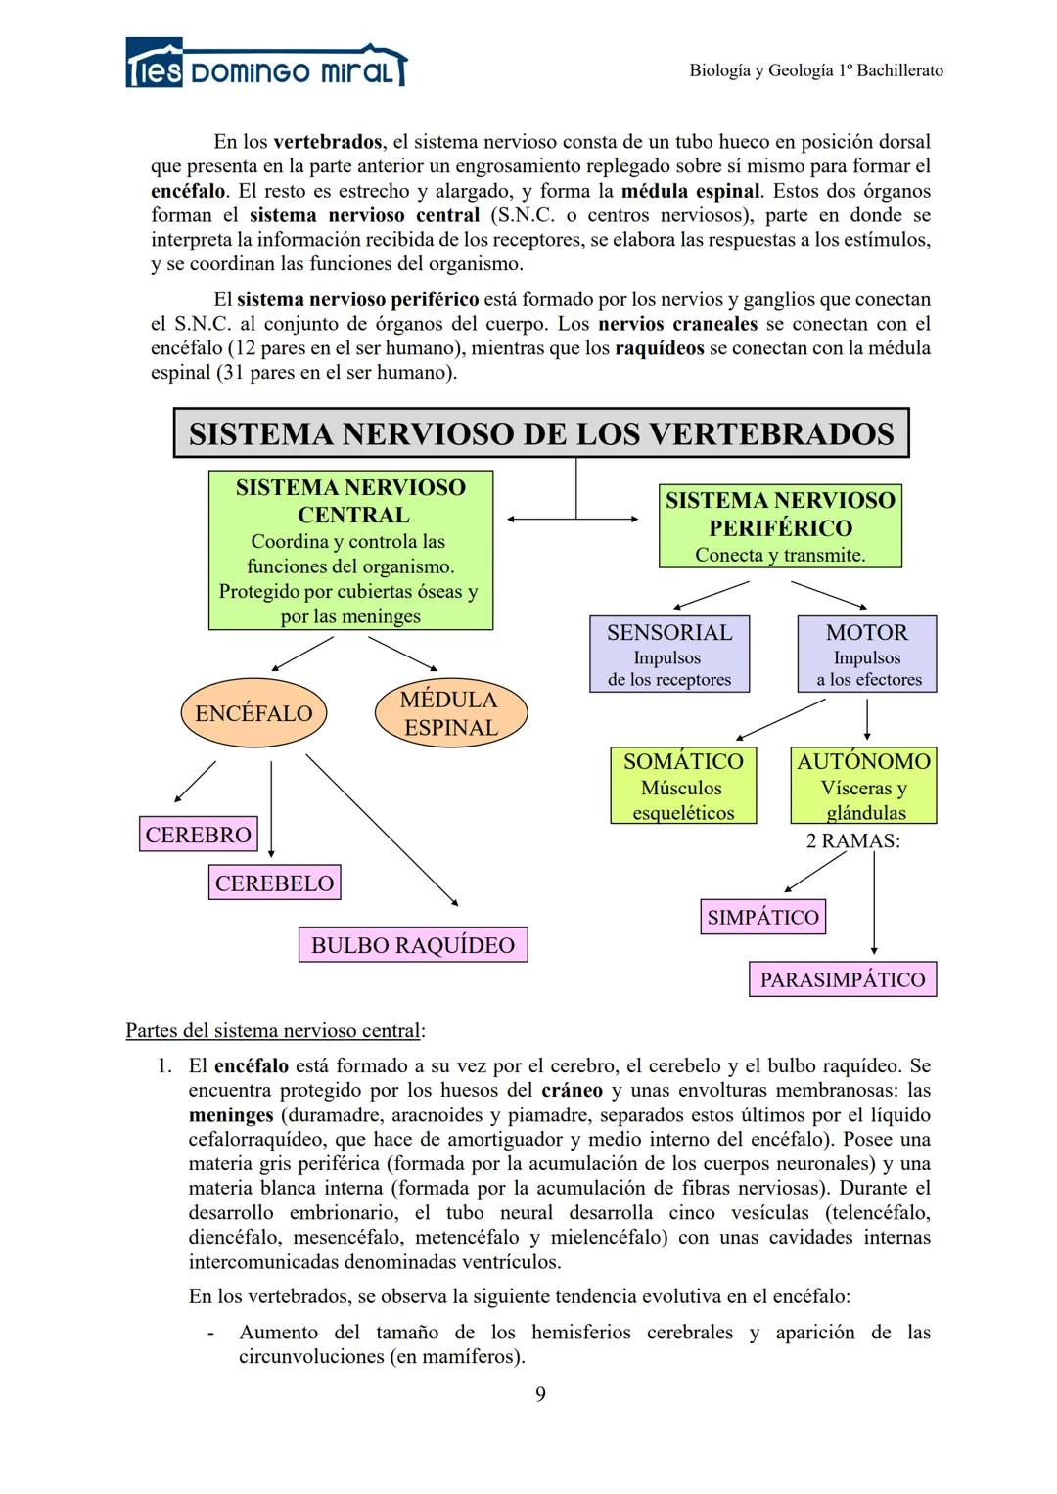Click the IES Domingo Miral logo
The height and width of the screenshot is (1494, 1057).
(x=265, y=66)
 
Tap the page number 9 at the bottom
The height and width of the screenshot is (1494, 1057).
(x=541, y=1394)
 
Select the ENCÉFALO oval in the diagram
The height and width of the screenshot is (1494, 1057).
(x=253, y=713)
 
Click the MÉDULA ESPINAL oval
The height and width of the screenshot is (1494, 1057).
(x=450, y=713)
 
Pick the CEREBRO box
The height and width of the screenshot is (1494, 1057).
(x=199, y=835)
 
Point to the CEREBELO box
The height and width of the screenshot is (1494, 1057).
(x=275, y=883)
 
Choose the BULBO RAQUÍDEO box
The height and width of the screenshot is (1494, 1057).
(x=413, y=945)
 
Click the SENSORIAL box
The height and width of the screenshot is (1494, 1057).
(x=669, y=655)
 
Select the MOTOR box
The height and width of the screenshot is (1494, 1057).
(x=866, y=655)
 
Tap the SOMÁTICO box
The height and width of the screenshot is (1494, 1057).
(x=683, y=786)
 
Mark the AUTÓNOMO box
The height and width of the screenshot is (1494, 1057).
(x=864, y=786)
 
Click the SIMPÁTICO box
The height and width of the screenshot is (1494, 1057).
(x=763, y=917)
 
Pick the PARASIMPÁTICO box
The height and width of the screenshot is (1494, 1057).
(x=843, y=979)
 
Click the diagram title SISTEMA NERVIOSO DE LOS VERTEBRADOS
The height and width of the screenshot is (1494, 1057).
(x=541, y=433)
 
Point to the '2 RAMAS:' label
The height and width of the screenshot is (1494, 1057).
(x=852, y=841)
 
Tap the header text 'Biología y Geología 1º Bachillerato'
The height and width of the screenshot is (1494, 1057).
(x=816, y=70)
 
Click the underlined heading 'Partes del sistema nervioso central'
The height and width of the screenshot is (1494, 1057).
(x=275, y=1030)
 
